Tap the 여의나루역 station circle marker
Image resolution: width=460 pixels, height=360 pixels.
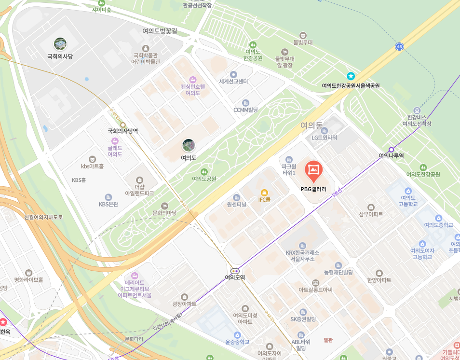[x=391, y=150]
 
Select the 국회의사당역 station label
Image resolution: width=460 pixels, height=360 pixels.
[x=122, y=131]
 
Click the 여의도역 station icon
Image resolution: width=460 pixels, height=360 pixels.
[x=235, y=271]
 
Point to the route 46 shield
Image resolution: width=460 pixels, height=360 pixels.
[x=399, y=46]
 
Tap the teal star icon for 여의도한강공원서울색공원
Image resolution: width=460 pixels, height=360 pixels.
[x=351, y=76]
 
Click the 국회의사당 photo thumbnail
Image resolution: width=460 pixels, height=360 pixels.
[x=60, y=44]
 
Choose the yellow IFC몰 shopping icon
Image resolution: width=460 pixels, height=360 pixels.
[x=264, y=193]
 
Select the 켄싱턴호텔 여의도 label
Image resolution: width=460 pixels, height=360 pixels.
[x=193, y=90]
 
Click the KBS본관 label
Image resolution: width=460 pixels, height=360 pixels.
[x=108, y=204]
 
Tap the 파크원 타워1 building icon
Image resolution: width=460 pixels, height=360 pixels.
[x=289, y=159]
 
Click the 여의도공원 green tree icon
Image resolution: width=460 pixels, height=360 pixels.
[x=204, y=171]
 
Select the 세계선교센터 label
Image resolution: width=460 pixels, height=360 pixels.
[x=233, y=82]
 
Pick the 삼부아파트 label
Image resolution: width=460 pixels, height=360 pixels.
[x=371, y=214]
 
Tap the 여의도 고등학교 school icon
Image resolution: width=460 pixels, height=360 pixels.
[x=408, y=191]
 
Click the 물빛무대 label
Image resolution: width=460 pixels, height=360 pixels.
[x=303, y=42]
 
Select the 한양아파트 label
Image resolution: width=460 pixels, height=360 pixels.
[x=379, y=280]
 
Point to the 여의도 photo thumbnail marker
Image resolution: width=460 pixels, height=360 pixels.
[x=189, y=145]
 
